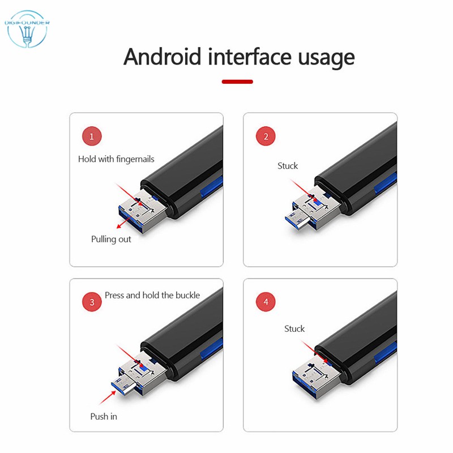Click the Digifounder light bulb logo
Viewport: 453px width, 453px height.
27,29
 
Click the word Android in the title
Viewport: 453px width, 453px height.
162,57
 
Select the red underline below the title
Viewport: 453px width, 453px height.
237,82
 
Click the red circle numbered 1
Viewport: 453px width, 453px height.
92,136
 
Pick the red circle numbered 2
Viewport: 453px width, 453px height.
266,136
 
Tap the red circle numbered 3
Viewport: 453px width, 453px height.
92,302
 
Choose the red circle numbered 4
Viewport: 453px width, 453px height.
266,302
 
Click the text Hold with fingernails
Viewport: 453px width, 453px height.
116,159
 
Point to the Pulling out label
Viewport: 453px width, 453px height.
111,239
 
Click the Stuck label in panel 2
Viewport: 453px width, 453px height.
288,166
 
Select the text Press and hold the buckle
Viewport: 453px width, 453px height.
152,295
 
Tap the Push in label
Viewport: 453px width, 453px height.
104,417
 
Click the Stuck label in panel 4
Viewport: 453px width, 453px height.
294,329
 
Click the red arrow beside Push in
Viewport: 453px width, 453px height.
108,398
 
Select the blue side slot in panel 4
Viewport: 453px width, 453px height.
386,353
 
